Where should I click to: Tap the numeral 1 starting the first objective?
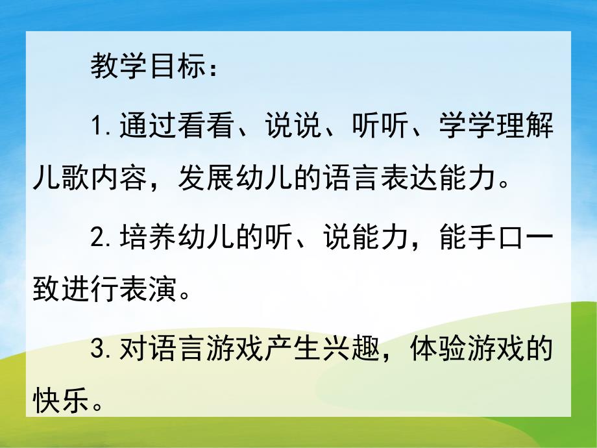click(98, 127)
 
